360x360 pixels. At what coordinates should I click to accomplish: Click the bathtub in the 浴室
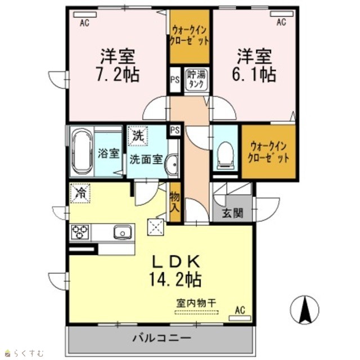point(82,151)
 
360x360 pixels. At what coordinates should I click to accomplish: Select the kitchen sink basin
point(123,232)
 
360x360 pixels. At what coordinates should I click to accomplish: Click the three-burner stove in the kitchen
point(80,232)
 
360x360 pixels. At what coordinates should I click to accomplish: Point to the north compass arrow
point(305,309)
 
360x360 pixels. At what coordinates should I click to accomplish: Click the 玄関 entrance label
point(232,214)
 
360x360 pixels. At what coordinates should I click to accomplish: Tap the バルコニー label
point(162,338)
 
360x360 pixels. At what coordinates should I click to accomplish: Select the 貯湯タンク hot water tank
point(196,80)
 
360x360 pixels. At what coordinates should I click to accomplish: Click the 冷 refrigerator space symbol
point(80,193)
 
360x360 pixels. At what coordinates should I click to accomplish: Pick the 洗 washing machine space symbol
point(138,136)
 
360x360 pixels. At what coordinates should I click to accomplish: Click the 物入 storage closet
point(175,202)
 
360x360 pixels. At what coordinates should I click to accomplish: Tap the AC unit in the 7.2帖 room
point(85,15)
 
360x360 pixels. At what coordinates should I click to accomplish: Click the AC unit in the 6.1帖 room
point(282,14)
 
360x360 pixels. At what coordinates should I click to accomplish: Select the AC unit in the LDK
point(240,318)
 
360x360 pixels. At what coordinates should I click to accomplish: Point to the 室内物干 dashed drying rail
point(196,312)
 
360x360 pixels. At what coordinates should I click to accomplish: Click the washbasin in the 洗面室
point(172,165)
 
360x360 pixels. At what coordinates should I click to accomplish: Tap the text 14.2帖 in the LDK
point(175,279)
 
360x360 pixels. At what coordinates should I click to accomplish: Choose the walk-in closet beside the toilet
point(268,151)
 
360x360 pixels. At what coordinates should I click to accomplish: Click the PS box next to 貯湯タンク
point(175,80)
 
